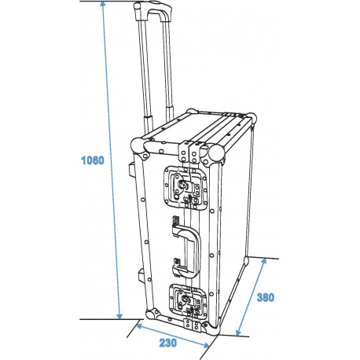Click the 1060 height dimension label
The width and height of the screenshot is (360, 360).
tap(92, 160)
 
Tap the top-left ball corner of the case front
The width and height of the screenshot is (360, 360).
tap(136, 147)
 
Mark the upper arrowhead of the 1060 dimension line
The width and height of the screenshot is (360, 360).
tap(103, 6)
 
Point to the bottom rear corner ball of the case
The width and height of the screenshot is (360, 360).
tap(246, 260)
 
